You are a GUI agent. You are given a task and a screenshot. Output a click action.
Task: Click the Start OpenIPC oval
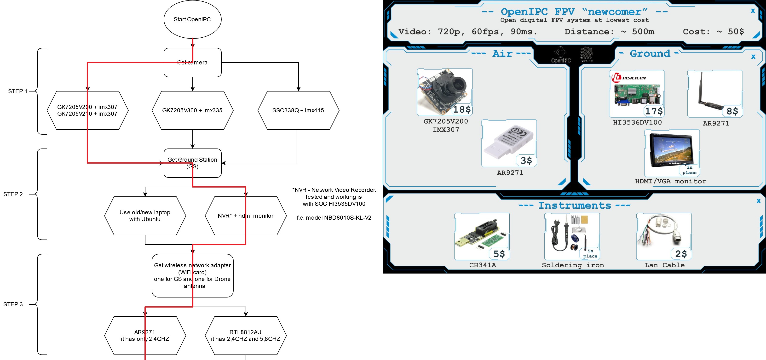click(x=192, y=19)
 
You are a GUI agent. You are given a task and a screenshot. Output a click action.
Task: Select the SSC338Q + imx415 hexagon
click(x=298, y=110)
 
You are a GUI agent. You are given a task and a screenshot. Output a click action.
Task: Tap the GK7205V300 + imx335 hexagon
click(x=192, y=110)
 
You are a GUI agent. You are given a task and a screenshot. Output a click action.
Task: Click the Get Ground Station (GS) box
click(x=192, y=163)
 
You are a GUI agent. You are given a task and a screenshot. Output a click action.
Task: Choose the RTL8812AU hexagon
click(x=245, y=335)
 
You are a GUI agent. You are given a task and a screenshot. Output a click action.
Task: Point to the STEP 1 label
click(x=17, y=91)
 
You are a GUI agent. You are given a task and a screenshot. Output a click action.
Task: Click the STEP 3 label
click(x=13, y=304)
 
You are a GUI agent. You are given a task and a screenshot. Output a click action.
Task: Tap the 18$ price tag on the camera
click(x=462, y=110)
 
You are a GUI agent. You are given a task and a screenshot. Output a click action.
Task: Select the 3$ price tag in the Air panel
click(x=526, y=160)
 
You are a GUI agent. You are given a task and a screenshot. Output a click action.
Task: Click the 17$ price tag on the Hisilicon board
click(x=654, y=111)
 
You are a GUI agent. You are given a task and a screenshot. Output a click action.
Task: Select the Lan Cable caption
click(x=665, y=265)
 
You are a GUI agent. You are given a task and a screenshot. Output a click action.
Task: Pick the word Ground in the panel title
click(x=650, y=53)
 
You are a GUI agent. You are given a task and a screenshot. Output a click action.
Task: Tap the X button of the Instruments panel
click(x=759, y=201)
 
